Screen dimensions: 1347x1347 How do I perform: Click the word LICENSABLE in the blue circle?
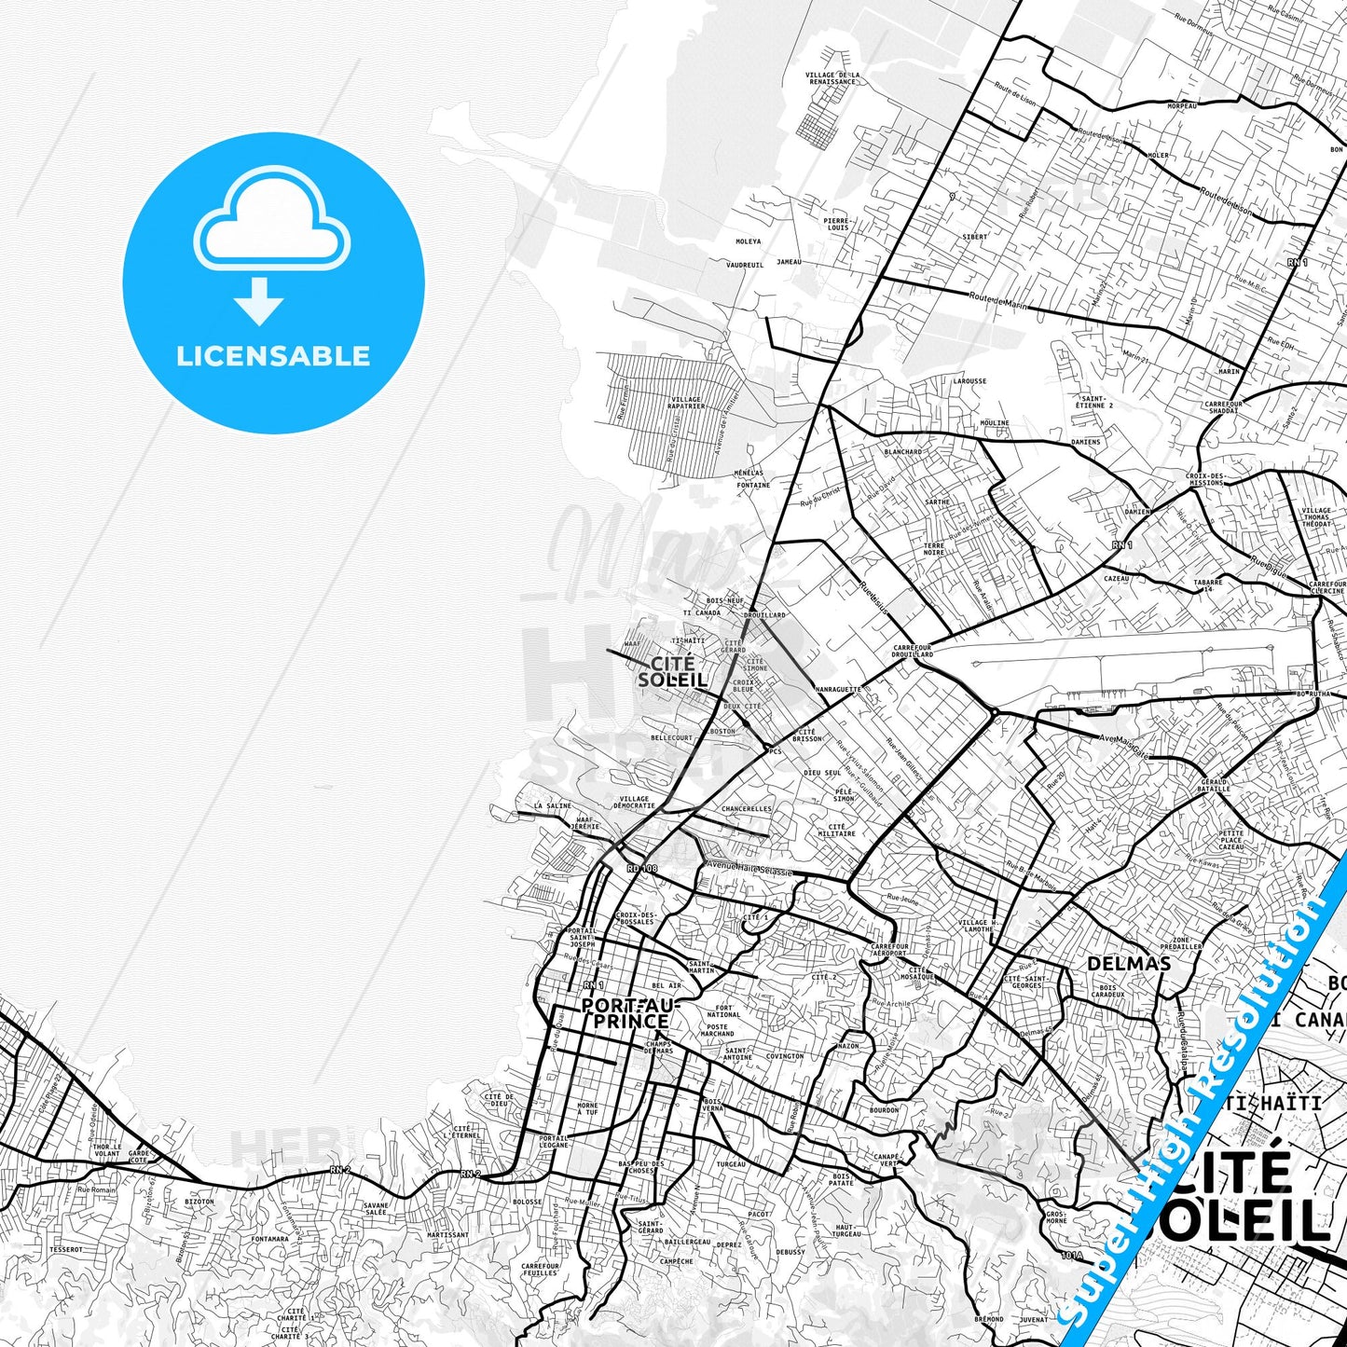pos(273,356)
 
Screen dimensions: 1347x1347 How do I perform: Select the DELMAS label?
pos(1129,964)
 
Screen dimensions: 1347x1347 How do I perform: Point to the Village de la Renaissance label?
pos(832,78)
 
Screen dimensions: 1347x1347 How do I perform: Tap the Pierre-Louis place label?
pos(837,224)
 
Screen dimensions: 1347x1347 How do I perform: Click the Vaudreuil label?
pos(745,265)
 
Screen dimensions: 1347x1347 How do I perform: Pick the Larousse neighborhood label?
pos(969,381)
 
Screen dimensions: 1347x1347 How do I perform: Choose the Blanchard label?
pos(902,452)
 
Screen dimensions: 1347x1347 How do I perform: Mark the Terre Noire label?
pos(933,549)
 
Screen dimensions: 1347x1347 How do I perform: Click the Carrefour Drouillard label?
pos(912,651)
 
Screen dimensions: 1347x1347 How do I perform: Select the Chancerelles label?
pos(747,809)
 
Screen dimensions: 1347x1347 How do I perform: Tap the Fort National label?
pos(723,1011)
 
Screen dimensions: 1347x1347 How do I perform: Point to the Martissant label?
pos(447,1235)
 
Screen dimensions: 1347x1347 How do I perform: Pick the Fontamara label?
pos(270,1240)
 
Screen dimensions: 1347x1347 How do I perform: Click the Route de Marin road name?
pos(997,300)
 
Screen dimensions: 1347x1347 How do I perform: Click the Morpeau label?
pos(1182,107)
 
